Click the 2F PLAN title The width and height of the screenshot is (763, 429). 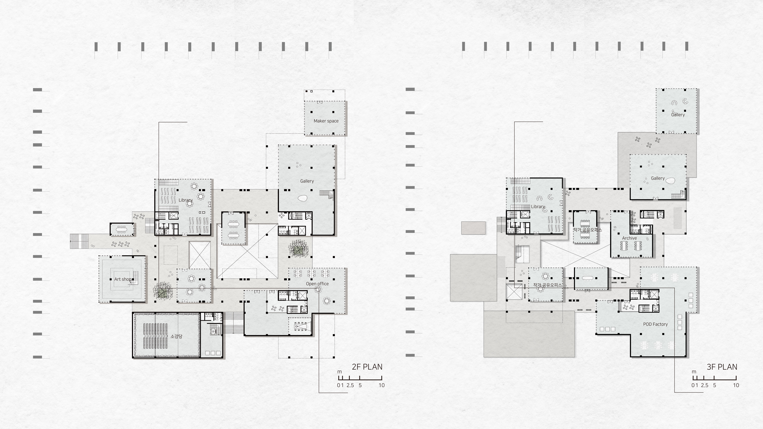pyautogui.click(x=367, y=367)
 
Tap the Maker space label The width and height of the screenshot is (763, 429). pyautogui.click(x=326, y=121)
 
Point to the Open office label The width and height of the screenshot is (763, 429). pyautogui.click(x=317, y=284)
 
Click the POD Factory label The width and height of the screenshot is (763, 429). pyautogui.click(x=655, y=324)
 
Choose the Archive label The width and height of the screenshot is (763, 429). pyautogui.click(x=629, y=238)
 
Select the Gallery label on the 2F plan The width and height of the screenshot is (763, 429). pyautogui.click(x=307, y=181)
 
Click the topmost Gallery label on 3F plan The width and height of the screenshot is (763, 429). pyautogui.click(x=678, y=115)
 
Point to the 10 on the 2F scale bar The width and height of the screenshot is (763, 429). pyautogui.click(x=381, y=385)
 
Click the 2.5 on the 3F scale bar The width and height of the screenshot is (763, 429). pyautogui.click(x=705, y=385)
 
